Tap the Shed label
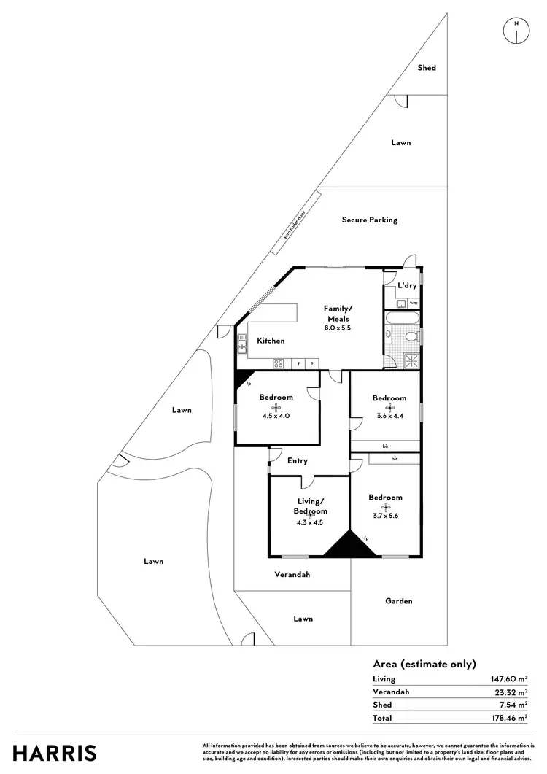[x=427, y=68]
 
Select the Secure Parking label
[x=370, y=220]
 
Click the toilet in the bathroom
[x=411, y=336]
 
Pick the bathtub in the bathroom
[x=402, y=318]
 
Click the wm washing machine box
[x=413, y=303]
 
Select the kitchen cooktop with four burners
[x=279, y=363]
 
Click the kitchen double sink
[x=241, y=344]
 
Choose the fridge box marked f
[x=298, y=363]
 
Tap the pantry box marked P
[x=312, y=363]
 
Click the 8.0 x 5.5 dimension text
[x=338, y=328]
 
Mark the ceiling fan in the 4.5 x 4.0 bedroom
[x=276, y=407]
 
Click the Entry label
[x=298, y=461]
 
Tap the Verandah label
[x=292, y=575]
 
